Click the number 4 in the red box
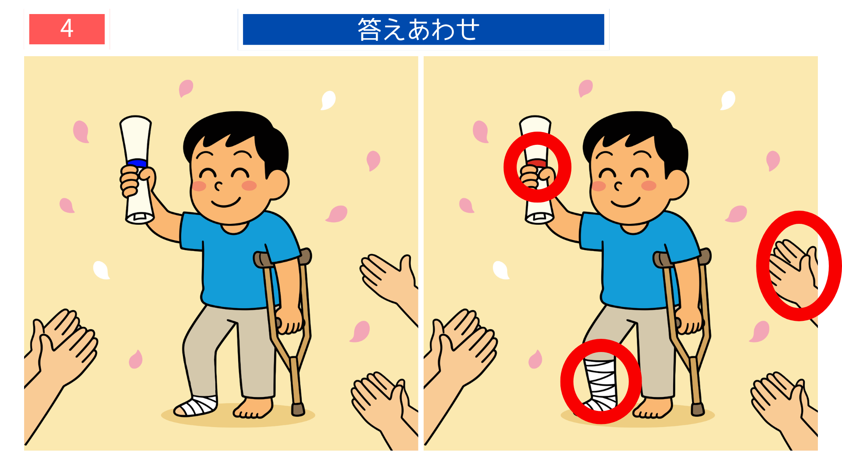[x=67, y=29]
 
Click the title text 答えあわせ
[x=418, y=29]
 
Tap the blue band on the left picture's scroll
[x=137, y=163]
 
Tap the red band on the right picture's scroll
[x=537, y=163]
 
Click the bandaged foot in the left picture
[x=196, y=406]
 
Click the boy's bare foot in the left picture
[x=253, y=408]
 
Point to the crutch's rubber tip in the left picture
[x=298, y=409]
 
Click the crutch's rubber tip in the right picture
[x=698, y=409]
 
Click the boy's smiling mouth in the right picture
[x=625, y=203]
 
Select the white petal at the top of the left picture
[x=328, y=100]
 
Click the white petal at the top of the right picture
[x=728, y=100]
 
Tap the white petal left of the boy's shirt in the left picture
[x=101, y=270]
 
